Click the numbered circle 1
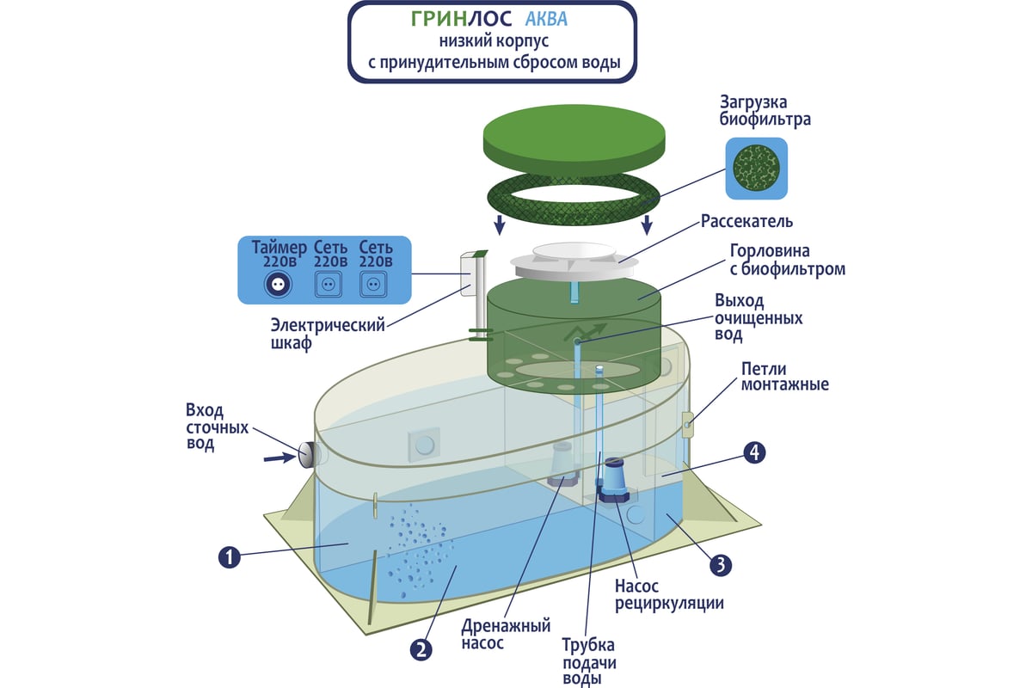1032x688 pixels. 228,557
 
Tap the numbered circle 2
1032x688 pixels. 420,649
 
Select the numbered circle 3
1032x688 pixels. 721,564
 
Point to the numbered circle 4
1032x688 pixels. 753,453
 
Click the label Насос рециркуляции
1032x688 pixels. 669,593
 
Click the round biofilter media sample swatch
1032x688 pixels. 756,167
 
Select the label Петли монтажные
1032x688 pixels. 784,376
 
